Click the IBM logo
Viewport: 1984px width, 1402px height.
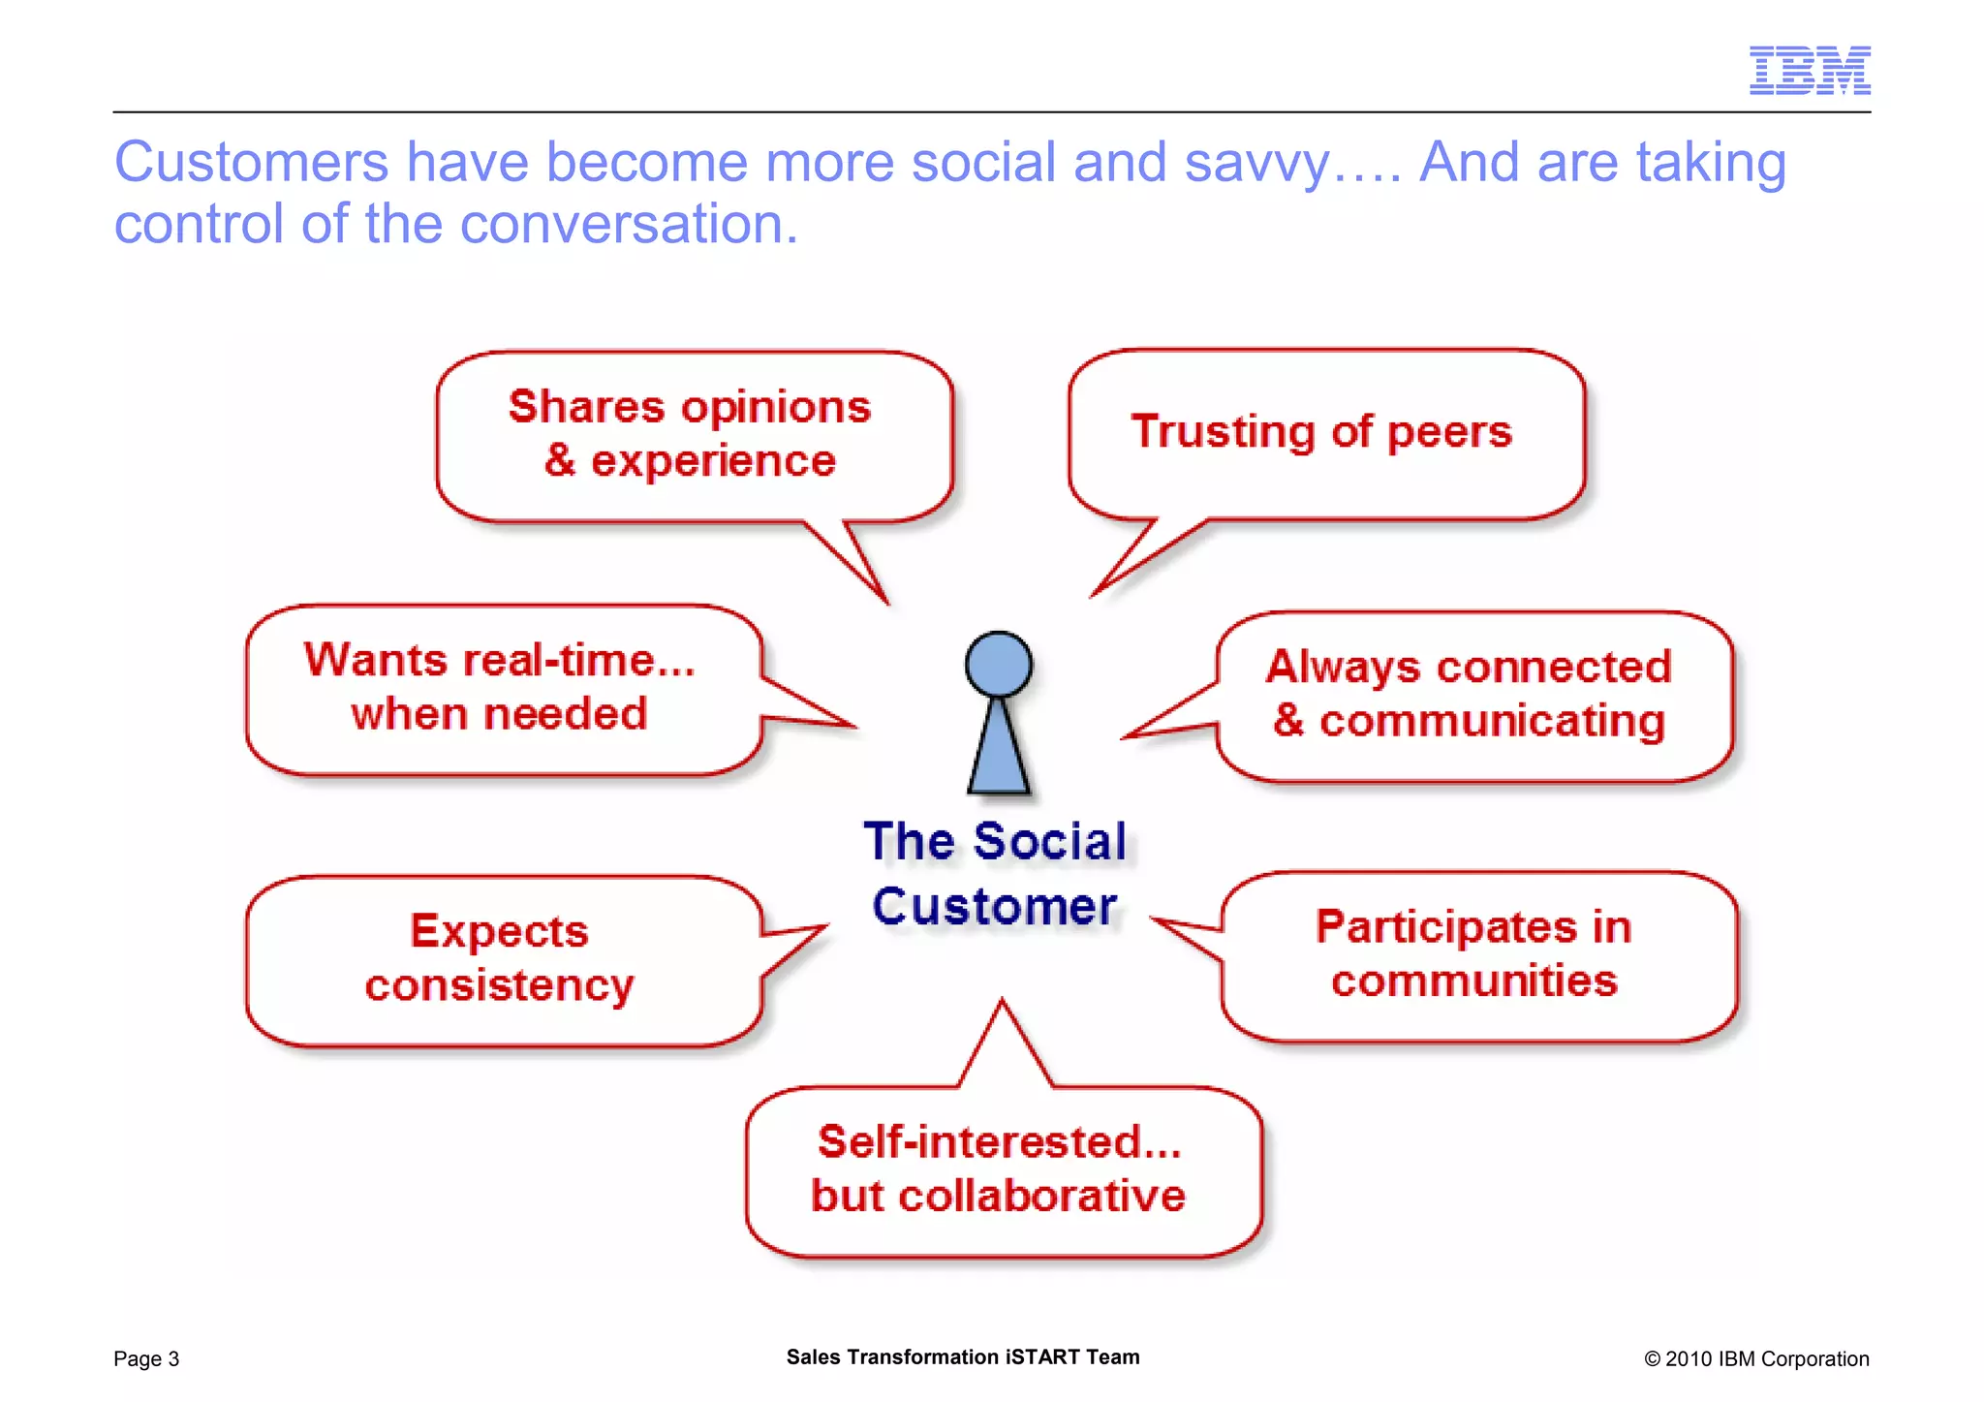pyautogui.click(x=1809, y=70)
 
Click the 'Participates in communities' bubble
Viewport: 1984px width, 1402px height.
pyautogui.click(x=1475, y=955)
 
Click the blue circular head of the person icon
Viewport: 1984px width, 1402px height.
pyautogui.click(x=998, y=665)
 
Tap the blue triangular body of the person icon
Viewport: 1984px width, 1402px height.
pyautogui.click(x=998, y=751)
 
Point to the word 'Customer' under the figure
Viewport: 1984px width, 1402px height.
pyautogui.click(x=995, y=907)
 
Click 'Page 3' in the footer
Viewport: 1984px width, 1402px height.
pyautogui.click(x=146, y=1358)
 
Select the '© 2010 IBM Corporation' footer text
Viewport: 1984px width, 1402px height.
pyautogui.click(x=1755, y=1358)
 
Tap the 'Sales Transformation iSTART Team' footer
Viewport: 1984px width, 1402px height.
pyautogui.click(x=962, y=1356)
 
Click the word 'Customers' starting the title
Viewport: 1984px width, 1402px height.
pyautogui.click(x=251, y=163)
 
